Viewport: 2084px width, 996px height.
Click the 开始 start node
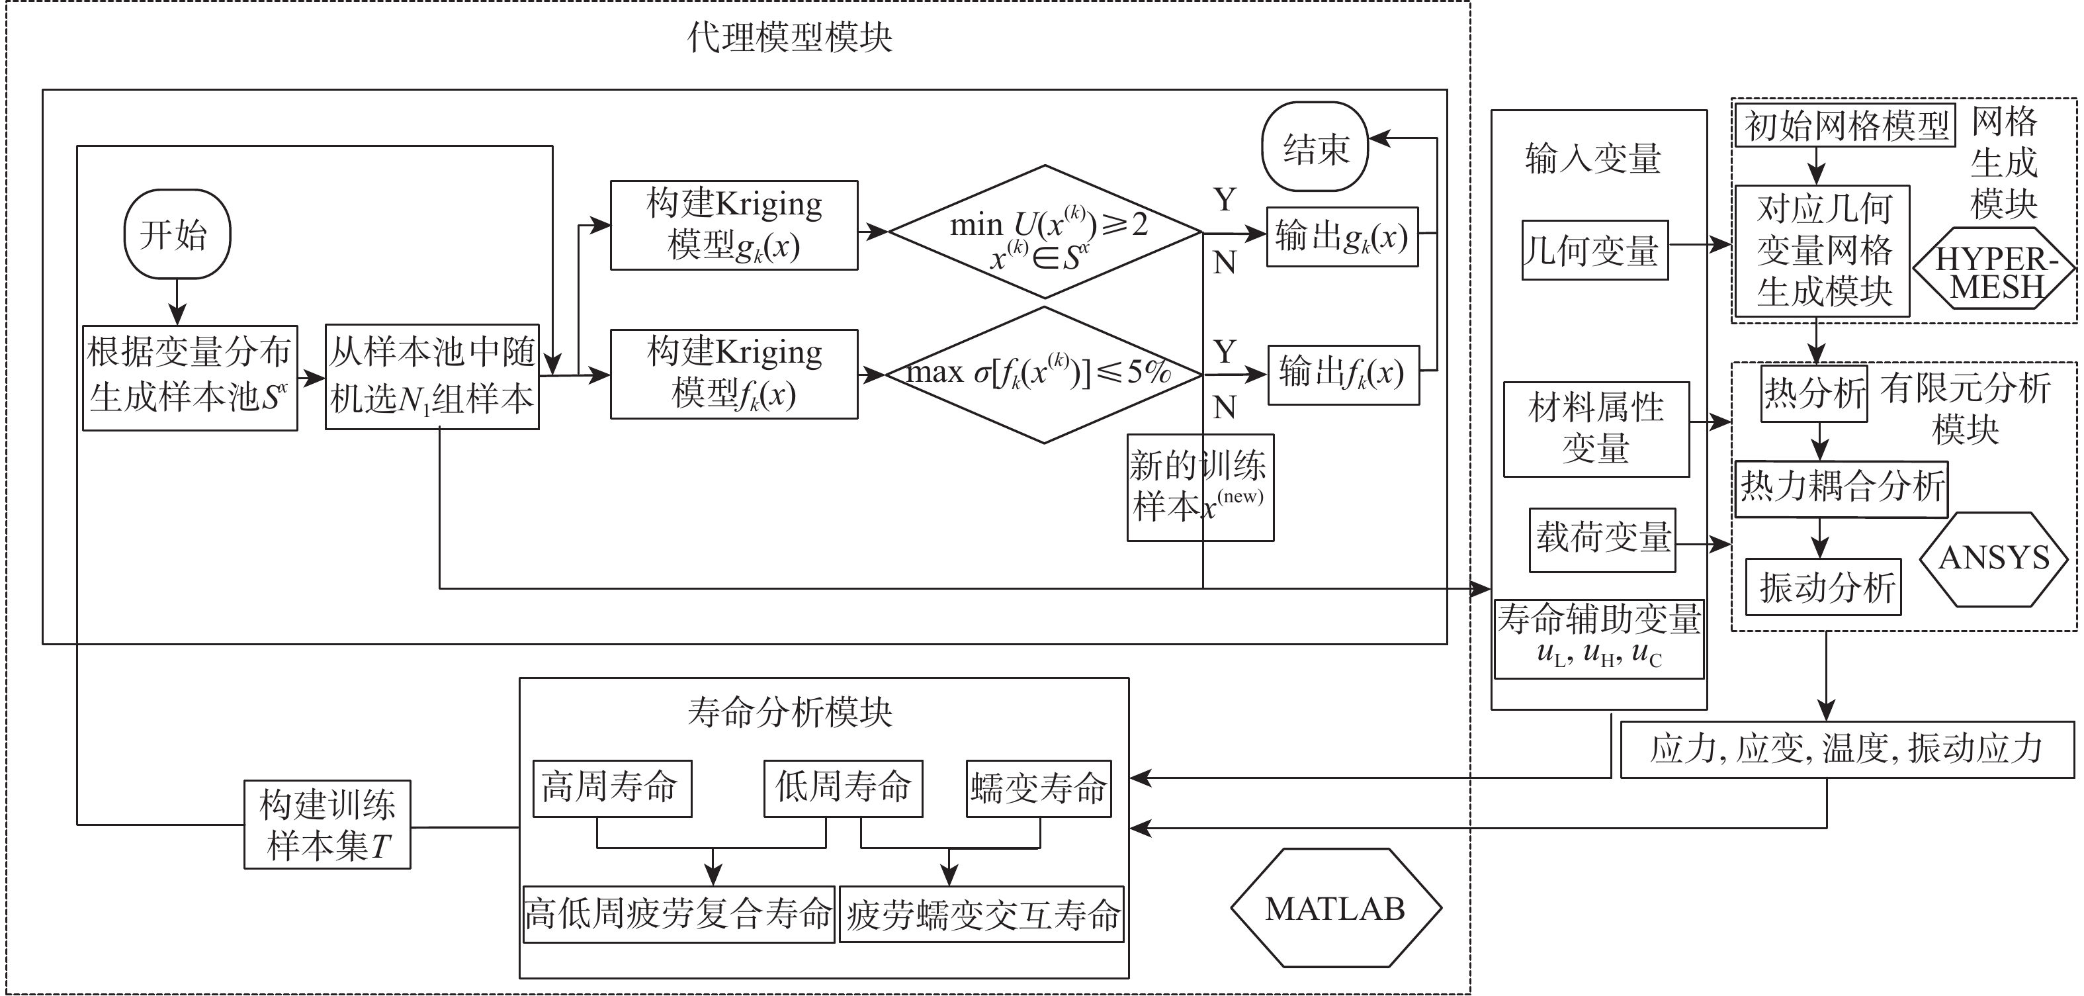coord(177,234)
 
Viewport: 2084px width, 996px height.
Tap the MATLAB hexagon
coord(1336,908)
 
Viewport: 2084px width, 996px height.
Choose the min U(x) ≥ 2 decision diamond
coord(1045,232)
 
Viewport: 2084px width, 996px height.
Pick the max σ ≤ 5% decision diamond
coord(1043,374)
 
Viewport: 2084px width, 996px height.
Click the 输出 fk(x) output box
coord(1343,375)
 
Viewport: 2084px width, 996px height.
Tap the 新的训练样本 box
coord(1199,487)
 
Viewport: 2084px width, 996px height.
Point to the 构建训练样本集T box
coord(327,825)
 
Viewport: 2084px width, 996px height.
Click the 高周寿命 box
coord(611,788)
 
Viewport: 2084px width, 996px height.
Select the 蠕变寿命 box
coord(1039,788)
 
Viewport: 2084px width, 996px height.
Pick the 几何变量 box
coord(1594,250)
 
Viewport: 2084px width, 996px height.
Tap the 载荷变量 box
coord(1602,539)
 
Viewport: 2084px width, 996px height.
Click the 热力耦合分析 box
coord(1841,488)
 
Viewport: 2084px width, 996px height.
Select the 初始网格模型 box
coord(1845,126)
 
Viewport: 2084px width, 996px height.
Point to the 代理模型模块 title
coord(789,37)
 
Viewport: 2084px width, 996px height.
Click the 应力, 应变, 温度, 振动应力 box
coord(1848,749)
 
